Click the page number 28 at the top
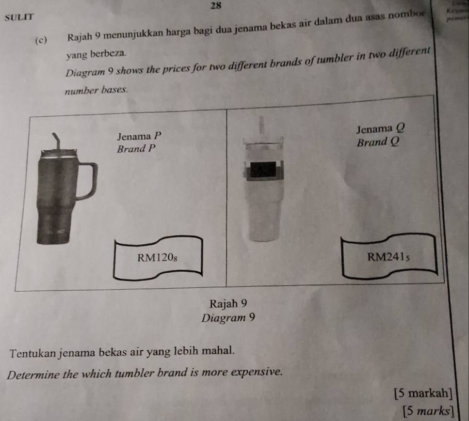217,5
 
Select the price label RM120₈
157,258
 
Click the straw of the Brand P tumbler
57,142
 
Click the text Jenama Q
379,129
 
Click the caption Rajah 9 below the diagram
229,304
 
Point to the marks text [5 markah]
424,393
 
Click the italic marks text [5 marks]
428,411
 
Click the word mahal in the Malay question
222,350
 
